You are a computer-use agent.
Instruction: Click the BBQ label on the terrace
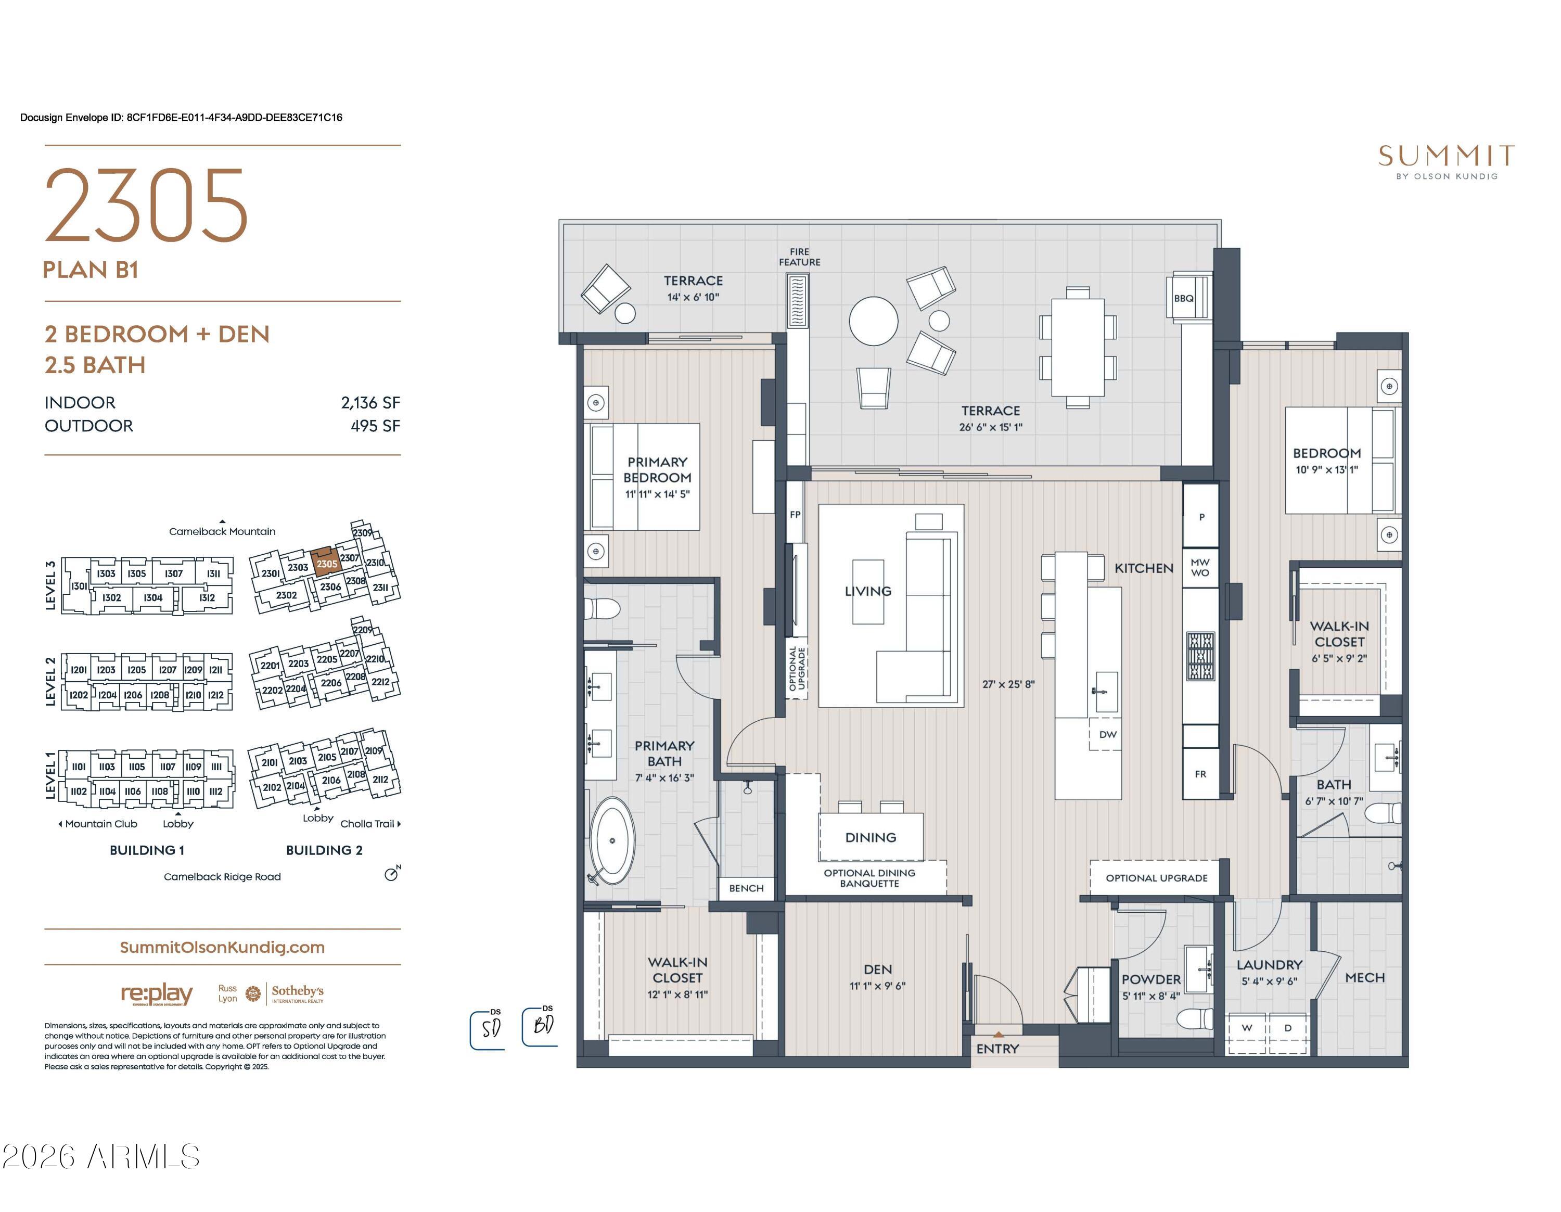click(x=1184, y=299)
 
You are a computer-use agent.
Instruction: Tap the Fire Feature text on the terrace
click(x=799, y=257)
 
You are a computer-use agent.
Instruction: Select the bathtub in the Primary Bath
click(x=612, y=840)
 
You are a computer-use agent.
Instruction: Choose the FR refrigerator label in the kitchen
click(x=1200, y=774)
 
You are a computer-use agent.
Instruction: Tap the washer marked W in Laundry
click(x=1247, y=1028)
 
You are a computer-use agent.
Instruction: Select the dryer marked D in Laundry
click(x=1288, y=1028)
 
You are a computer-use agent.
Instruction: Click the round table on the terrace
click(x=874, y=321)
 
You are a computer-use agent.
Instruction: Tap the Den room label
click(x=878, y=969)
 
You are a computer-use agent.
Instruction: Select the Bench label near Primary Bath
click(x=746, y=888)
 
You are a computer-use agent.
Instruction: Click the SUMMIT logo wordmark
click(x=1447, y=156)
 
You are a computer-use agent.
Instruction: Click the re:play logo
click(x=157, y=993)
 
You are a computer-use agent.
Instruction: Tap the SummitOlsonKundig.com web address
click(x=222, y=947)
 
